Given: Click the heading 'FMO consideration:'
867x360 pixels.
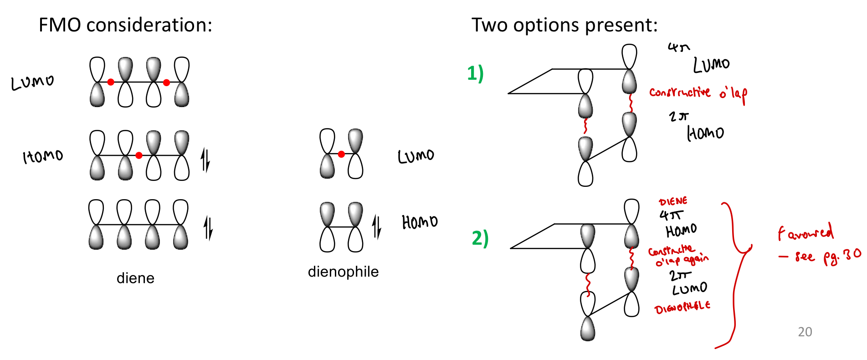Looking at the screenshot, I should coord(125,25).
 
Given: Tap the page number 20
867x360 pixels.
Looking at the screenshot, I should coord(805,332).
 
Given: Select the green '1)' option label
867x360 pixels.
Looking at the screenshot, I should coord(475,73).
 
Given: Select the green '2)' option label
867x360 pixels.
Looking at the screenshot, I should coord(480,238).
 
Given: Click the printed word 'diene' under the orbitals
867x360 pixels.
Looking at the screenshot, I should coord(135,278).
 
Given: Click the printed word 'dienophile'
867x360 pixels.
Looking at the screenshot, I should coord(343,272).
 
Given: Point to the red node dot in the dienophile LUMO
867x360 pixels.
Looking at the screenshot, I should coord(341,154).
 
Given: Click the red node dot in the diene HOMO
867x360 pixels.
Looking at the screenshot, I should coord(139,155).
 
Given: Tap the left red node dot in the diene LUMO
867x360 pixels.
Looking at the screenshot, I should coord(111,82).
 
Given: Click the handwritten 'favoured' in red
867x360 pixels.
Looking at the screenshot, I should coord(805,233).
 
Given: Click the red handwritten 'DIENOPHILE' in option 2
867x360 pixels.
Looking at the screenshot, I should coord(682,307).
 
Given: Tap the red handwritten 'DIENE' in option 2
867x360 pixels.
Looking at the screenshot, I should coord(673,201).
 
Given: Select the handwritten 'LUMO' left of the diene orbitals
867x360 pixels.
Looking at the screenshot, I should coord(32,82).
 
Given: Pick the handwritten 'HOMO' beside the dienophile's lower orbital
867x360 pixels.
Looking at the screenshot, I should coord(420,222).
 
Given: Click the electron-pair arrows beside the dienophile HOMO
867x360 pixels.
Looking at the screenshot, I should coord(376,226).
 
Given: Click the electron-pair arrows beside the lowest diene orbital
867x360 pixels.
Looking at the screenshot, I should coord(208,228).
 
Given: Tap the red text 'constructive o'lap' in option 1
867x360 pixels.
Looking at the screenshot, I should coord(698,93).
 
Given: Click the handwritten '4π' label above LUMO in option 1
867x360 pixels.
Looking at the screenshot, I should coord(678,47).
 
